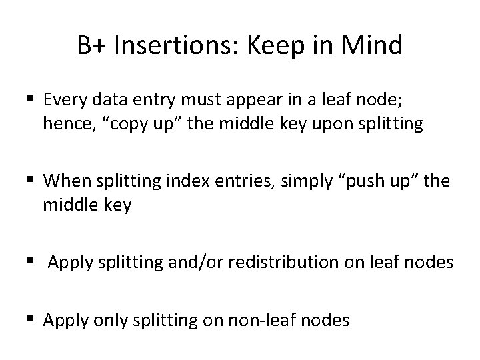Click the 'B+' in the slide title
point(91,46)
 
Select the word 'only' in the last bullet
point(98,321)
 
